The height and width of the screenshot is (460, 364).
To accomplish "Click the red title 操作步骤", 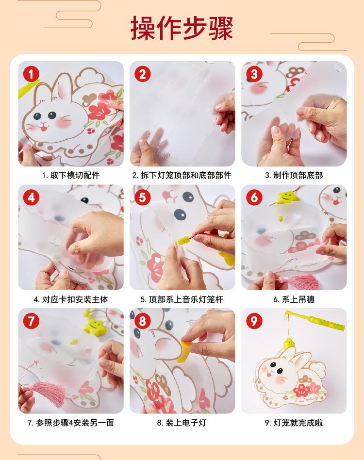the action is [x=182, y=28].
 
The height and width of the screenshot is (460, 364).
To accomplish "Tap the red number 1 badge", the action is [x=31, y=74].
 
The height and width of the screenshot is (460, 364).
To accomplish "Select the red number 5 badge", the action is [x=143, y=197].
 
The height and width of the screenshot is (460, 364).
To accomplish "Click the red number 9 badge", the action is [x=254, y=321].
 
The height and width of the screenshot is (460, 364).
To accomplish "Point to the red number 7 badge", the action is [x=31, y=321].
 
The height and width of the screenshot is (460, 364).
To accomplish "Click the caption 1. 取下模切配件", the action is [x=71, y=176].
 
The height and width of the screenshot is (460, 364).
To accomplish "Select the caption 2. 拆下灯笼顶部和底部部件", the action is [x=182, y=176].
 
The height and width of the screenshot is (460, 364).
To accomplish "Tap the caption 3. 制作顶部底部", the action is [x=294, y=176].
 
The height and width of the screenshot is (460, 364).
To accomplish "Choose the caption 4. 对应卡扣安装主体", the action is [x=71, y=299].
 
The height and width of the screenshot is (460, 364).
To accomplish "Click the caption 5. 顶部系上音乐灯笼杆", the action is [x=182, y=299].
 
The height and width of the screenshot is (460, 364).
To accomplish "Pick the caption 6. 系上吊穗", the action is [x=294, y=299].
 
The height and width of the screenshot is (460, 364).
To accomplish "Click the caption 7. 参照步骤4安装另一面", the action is [x=71, y=423].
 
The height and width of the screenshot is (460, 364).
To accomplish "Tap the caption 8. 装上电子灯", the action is [x=182, y=423].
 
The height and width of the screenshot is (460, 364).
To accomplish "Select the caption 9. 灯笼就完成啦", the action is [x=294, y=423].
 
